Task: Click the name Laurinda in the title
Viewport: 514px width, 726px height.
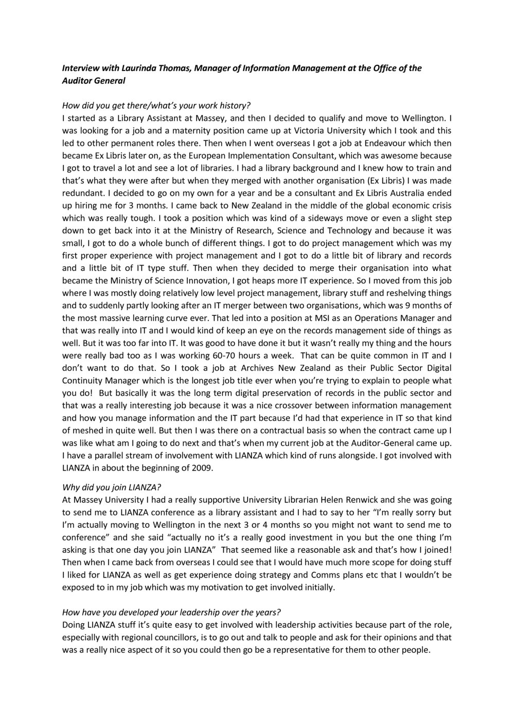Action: click(144, 68)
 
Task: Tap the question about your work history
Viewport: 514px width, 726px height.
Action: click(156, 105)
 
